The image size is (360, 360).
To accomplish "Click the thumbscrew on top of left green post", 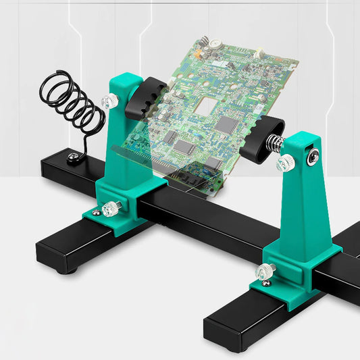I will point(109,102).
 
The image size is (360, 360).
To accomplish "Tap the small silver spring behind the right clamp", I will point(273,145).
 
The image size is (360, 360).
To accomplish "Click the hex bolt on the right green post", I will point(311,159).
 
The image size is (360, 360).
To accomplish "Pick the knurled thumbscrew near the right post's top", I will point(286,162).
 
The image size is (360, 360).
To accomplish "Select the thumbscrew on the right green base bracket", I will point(264,272).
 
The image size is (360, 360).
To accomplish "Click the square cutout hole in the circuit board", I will point(205,108).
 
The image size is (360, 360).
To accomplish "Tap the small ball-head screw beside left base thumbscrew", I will point(97,213).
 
